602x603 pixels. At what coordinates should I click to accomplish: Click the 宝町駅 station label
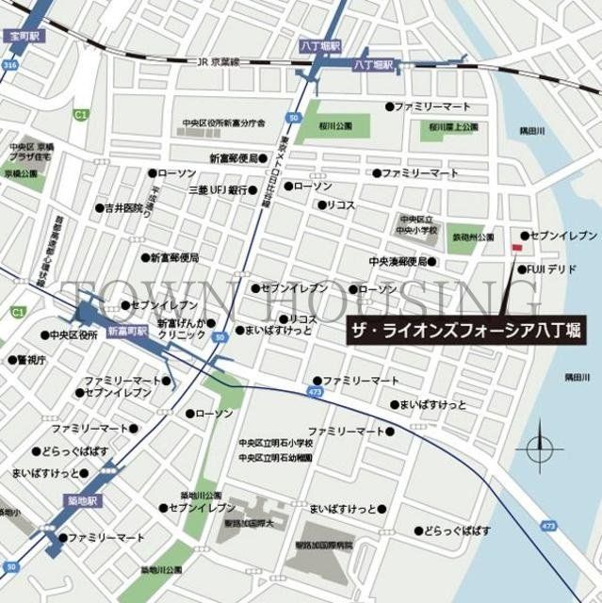24,36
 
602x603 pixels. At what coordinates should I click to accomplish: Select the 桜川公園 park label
335,125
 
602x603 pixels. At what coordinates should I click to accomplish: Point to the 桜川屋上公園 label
453,125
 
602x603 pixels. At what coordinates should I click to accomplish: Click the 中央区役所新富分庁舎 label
224,123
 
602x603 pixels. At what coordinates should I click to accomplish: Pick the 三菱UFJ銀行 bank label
219,189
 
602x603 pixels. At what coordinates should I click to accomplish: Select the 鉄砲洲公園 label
471,237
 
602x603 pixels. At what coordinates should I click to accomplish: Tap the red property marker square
515,248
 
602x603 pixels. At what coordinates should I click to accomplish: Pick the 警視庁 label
31,359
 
